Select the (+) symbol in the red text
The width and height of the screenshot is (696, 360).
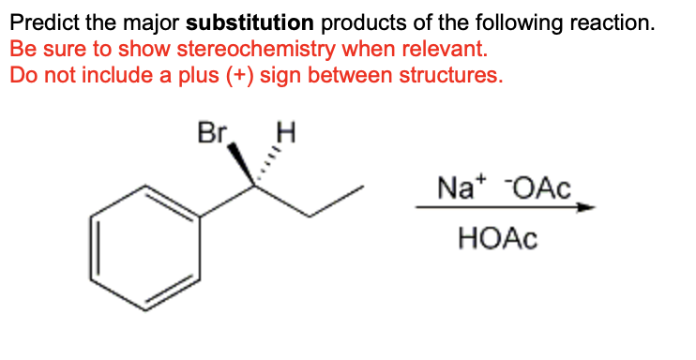[x=238, y=75]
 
